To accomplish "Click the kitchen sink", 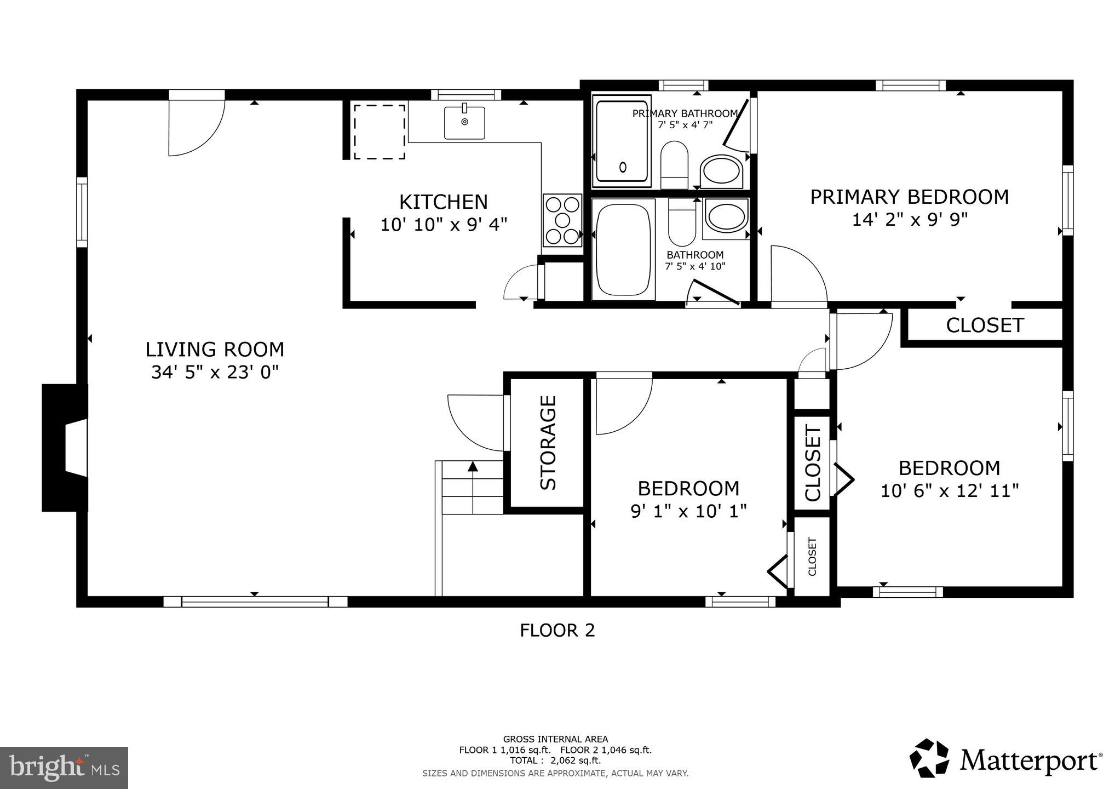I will point(464,123).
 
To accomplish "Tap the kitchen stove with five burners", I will point(562,220).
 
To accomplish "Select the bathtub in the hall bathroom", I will point(623,249).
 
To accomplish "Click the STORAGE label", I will point(548,443).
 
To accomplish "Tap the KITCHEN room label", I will point(443,202).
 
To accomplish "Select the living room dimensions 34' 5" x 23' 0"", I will point(215,373).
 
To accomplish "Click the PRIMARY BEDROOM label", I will point(909,197).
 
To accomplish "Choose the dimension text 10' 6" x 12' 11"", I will point(949,490).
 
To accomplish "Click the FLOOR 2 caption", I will point(557,631).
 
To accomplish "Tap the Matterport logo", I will point(1005,760).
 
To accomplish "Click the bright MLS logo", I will point(64,768).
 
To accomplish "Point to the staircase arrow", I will point(473,466).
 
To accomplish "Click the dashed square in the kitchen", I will point(379,131).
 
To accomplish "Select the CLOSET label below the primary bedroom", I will point(985,325).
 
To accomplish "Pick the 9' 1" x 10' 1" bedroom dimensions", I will point(688,511).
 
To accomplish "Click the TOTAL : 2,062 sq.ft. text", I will point(555,761).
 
